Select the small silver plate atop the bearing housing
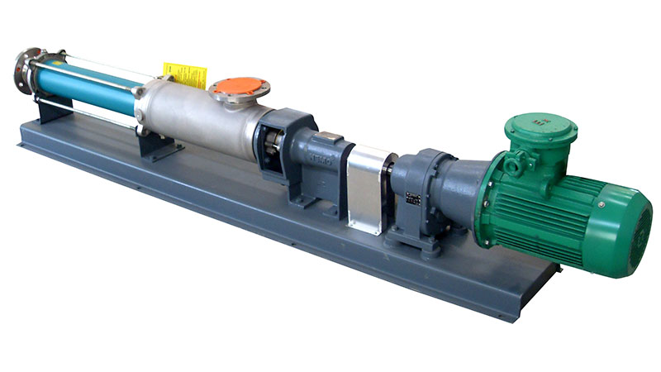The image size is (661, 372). pos(330,136)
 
